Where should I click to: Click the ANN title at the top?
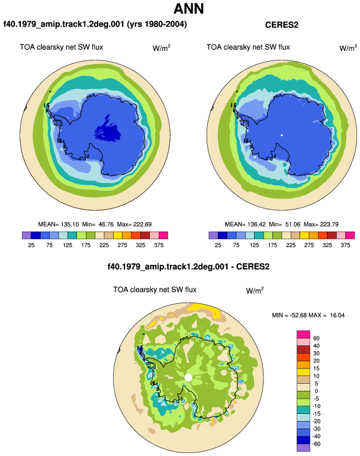[x=188, y=8]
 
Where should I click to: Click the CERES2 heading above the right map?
[x=281, y=25]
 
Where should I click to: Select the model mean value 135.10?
[x=70, y=224]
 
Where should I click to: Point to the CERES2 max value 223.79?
[x=329, y=224]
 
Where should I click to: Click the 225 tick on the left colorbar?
[x=104, y=245]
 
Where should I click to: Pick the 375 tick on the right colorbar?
[x=345, y=245]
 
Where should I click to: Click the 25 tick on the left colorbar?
[x=31, y=245]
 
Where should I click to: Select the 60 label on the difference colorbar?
[x=316, y=338]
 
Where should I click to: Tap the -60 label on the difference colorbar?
[x=316, y=444]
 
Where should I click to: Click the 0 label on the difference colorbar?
[x=316, y=391]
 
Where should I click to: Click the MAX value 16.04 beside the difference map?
[x=337, y=315]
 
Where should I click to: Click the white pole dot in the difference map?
[x=188, y=378]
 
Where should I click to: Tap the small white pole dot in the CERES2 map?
[x=281, y=135]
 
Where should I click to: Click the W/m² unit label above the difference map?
[x=255, y=290]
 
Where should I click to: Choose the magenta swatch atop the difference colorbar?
[x=303, y=335]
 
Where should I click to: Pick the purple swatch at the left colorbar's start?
[x=27, y=235]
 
